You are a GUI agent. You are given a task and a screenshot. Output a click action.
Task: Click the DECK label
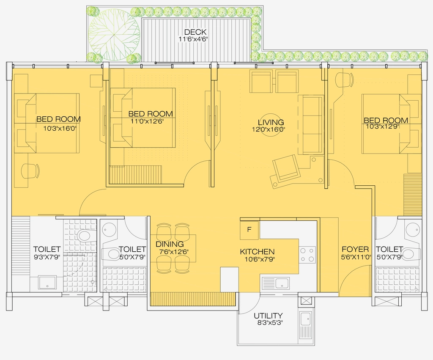[x=195, y=32]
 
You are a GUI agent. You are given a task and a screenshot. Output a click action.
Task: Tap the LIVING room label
[x=271, y=122]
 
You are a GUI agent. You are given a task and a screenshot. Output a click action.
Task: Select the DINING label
[x=170, y=244]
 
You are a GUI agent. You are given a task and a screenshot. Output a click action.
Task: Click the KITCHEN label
[x=257, y=252]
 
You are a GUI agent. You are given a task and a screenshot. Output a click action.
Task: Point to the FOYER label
[x=355, y=250]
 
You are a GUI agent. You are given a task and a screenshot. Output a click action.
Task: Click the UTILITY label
[x=268, y=316]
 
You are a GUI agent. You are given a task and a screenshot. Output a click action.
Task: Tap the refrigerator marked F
[x=249, y=230]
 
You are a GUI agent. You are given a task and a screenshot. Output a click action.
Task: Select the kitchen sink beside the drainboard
[x=282, y=283]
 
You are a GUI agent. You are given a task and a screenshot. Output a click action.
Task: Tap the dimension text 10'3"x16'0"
[x=60, y=129]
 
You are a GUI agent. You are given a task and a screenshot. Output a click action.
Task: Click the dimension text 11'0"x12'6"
[x=148, y=121]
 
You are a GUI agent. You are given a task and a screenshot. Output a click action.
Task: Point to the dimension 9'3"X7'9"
[x=47, y=257]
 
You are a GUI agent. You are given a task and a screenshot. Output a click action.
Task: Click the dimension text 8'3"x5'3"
[x=270, y=322]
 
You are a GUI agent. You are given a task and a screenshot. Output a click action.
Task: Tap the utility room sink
[x=305, y=319]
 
